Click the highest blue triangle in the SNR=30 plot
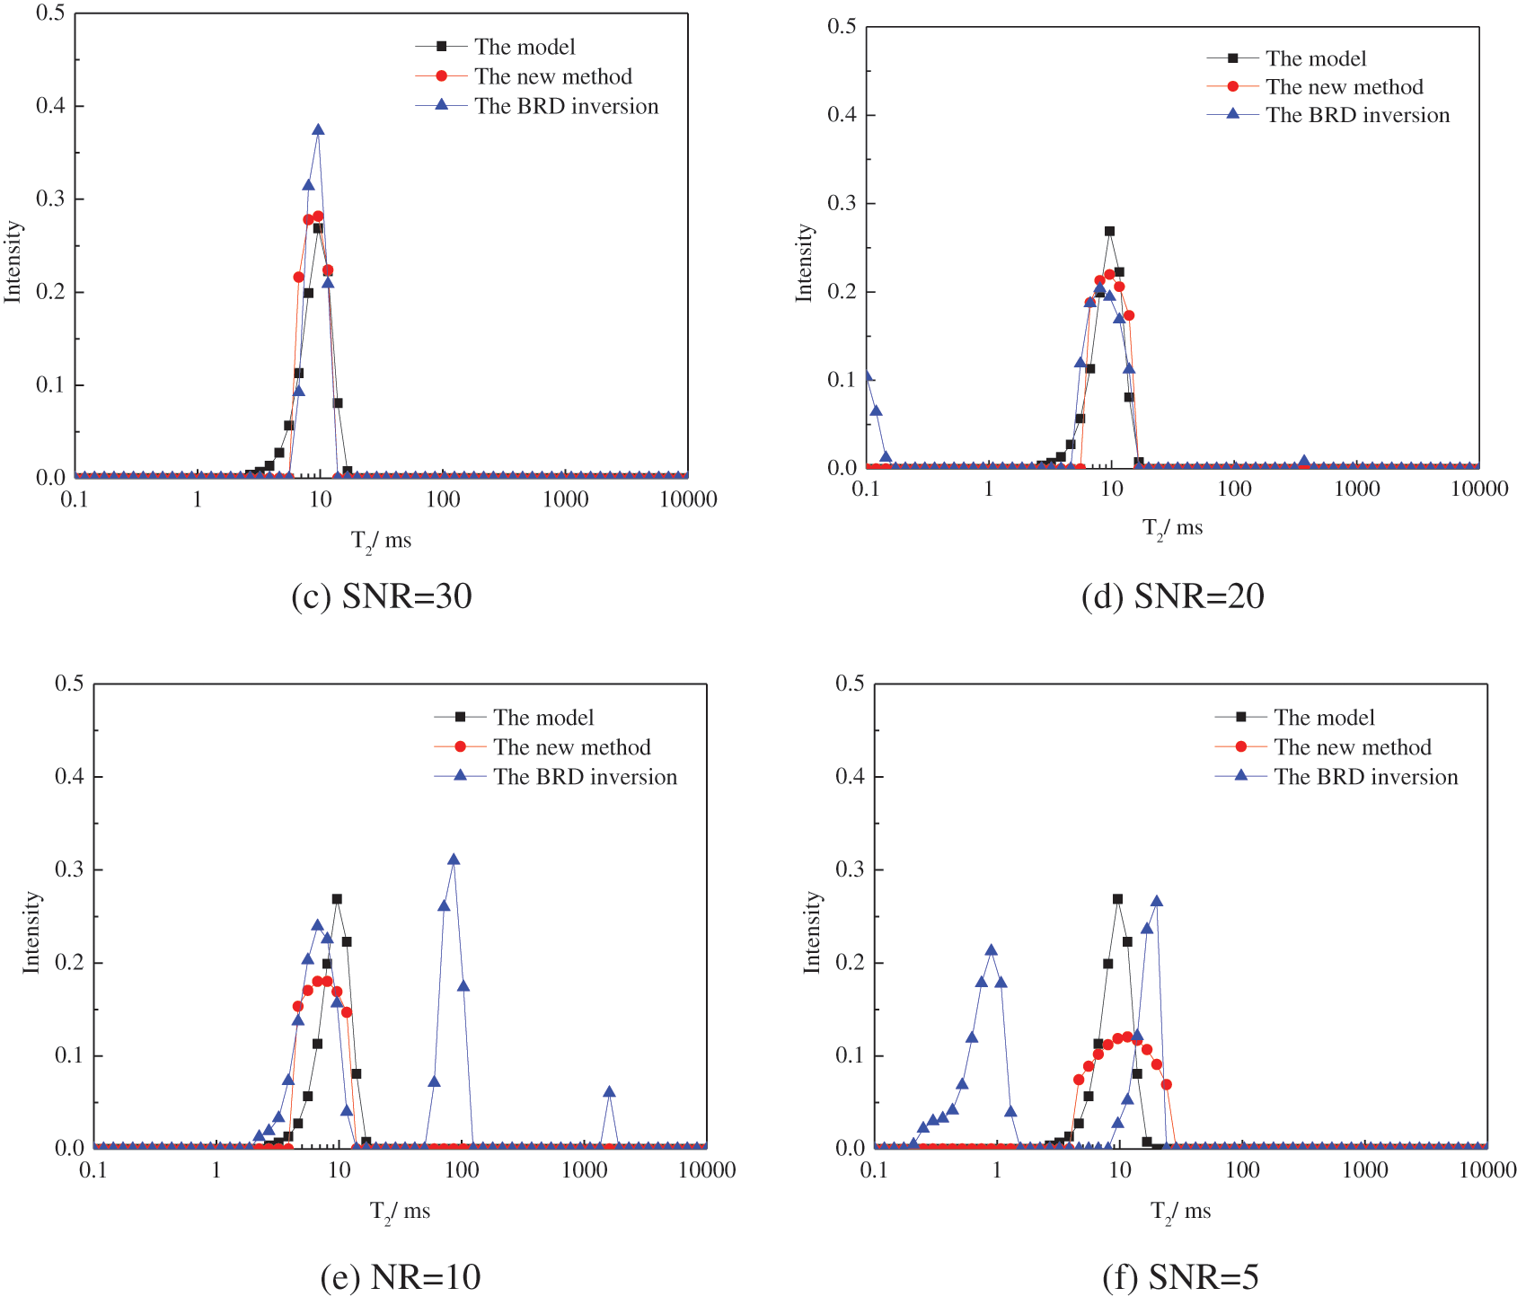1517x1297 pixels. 318,130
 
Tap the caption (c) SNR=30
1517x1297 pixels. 382,596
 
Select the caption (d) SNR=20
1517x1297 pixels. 1173,596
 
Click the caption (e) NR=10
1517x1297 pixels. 401,1276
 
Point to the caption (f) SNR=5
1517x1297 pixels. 1180,1276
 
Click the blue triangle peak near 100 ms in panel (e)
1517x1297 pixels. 454,860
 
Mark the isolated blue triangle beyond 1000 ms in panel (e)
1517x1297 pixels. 609,1092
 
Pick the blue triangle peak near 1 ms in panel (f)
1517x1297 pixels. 991,950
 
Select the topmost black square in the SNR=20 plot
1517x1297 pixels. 1109,231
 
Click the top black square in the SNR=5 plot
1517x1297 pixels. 1117,899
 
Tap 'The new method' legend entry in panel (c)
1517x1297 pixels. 552,76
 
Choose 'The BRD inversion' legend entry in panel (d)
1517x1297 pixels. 1357,115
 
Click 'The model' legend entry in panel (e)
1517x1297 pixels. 542,718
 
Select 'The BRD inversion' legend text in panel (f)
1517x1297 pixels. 1365,777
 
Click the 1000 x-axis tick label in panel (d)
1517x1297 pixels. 1356,489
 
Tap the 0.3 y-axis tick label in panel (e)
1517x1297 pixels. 69,869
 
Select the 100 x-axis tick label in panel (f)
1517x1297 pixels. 1242,1170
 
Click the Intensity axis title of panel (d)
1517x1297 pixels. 804,262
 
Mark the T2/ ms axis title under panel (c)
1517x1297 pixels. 381,541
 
